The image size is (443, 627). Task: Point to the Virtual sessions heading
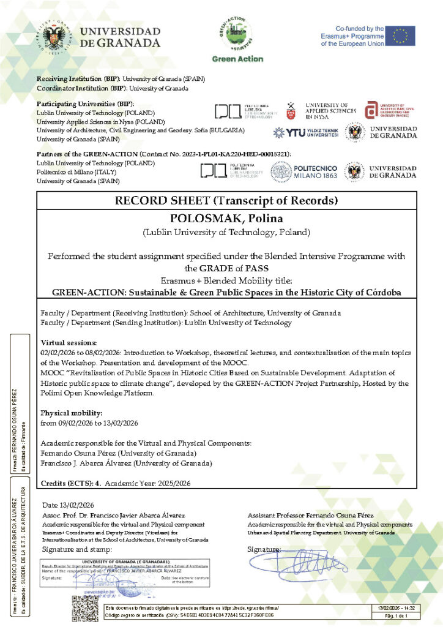click(x=69, y=342)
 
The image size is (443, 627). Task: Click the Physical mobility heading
click(x=70, y=413)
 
